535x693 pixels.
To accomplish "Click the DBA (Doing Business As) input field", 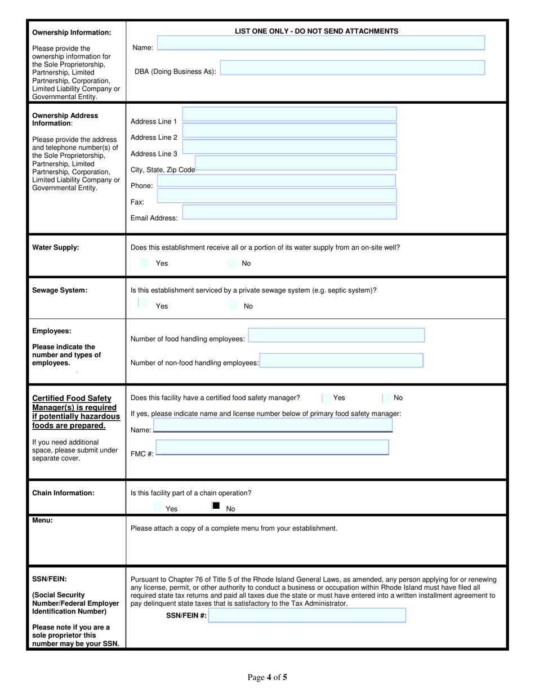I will point(352,68).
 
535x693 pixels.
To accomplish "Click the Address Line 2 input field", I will point(289,131).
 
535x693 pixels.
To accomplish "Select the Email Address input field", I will point(289,212).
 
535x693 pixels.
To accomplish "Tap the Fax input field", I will point(277,196).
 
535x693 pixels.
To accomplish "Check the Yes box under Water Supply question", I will point(144,263).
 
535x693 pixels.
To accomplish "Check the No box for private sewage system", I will point(233,305).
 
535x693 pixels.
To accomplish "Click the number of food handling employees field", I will point(336,336).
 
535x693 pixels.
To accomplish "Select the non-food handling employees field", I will point(341,361).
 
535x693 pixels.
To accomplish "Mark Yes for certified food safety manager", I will point(326,398).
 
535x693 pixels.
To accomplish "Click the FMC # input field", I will point(272,448).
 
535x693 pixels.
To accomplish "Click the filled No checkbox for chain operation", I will point(216,506).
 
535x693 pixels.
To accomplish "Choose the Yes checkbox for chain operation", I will point(158,507).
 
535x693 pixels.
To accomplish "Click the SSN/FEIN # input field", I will point(307,615).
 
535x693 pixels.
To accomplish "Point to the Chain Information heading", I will point(63,493).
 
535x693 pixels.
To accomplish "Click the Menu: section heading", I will point(43,521).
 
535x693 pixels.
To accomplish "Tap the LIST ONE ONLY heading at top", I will point(316,32).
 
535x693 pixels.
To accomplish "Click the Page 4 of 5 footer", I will point(267,677).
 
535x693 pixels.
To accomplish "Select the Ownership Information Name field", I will point(320,43).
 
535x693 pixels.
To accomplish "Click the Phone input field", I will point(276,180).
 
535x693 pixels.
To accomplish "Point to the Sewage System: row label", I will point(60,290).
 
